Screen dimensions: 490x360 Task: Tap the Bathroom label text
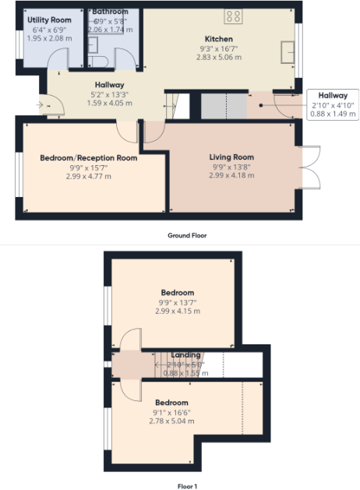click(x=110, y=12)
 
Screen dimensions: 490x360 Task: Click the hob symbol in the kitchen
click(x=233, y=16)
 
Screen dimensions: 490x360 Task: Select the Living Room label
click(x=231, y=157)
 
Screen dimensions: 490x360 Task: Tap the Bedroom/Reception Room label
click(x=89, y=157)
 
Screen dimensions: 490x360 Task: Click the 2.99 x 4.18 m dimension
click(x=231, y=176)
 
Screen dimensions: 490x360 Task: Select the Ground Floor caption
click(x=187, y=234)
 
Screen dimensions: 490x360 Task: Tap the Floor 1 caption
click(x=187, y=485)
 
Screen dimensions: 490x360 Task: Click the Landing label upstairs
click(x=185, y=354)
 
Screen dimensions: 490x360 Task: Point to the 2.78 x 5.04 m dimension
click(x=172, y=421)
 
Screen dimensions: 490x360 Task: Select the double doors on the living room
click(x=310, y=167)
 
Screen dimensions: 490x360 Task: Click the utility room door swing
click(x=59, y=61)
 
